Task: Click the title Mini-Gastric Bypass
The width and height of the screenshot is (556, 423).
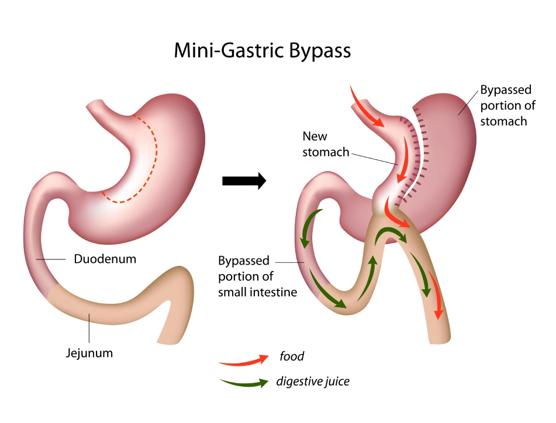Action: pyautogui.click(x=263, y=50)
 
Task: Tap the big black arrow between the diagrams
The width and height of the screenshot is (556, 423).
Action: pyautogui.click(x=244, y=181)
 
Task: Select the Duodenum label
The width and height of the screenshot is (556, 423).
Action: pyautogui.click(x=105, y=258)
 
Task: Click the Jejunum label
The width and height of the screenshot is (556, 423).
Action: pyautogui.click(x=89, y=353)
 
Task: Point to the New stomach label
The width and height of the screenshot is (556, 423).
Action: pyautogui.click(x=324, y=144)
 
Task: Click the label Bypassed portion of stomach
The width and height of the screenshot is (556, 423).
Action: pyautogui.click(x=506, y=106)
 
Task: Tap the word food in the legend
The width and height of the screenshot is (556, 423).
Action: pyautogui.click(x=291, y=356)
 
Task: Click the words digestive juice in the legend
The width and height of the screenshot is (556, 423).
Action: pyautogui.click(x=313, y=382)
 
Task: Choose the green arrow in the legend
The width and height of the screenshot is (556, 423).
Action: pyautogui.click(x=244, y=384)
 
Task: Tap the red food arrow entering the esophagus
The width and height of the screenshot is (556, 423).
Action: pyautogui.click(x=365, y=108)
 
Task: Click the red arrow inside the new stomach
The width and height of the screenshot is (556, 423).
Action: pyautogui.click(x=403, y=155)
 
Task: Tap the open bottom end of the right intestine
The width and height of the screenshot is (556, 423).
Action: pyautogui.click(x=440, y=339)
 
